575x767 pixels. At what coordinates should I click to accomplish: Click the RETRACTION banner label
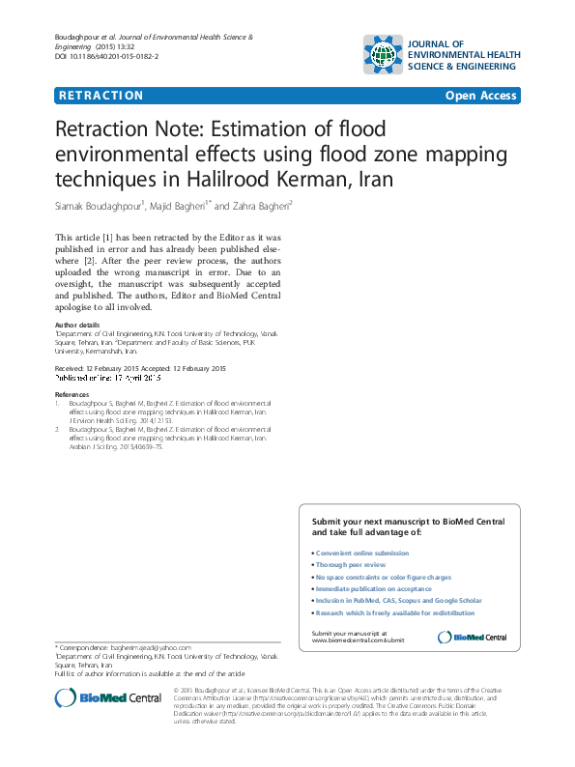pyautogui.click(x=101, y=96)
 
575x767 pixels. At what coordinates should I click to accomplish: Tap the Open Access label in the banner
pyautogui.click(x=481, y=96)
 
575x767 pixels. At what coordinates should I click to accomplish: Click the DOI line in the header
pyautogui.click(x=106, y=58)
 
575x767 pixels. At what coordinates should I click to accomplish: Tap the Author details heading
pyautogui.click(x=77, y=326)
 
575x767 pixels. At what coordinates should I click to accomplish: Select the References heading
pyautogui.click(x=72, y=395)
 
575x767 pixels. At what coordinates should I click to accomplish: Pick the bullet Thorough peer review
pyautogui.click(x=350, y=565)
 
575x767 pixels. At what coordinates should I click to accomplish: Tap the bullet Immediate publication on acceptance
pyautogui.click(x=374, y=588)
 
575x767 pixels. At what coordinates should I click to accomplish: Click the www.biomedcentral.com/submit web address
pyautogui.click(x=358, y=640)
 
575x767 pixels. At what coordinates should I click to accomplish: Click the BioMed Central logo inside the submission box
pyautogui.click(x=473, y=637)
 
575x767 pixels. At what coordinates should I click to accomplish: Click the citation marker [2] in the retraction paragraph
pyautogui.click(x=89, y=260)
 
